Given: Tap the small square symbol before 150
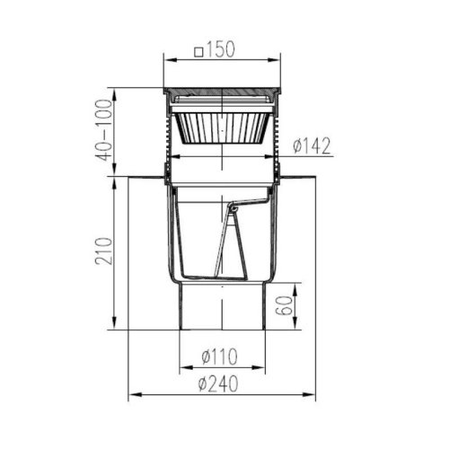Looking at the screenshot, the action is [x=198, y=52].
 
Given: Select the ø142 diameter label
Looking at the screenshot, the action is [x=312, y=146].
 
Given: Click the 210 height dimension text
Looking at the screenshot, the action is [x=104, y=251].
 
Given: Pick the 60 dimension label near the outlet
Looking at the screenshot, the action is [x=286, y=305].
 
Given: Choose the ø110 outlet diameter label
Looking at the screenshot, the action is [x=219, y=357].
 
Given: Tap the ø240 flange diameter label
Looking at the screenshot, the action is [x=218, y=383].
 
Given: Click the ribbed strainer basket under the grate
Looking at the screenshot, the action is [x=222, y=128].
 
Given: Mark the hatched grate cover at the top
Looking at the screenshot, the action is [x=222, y=92].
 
